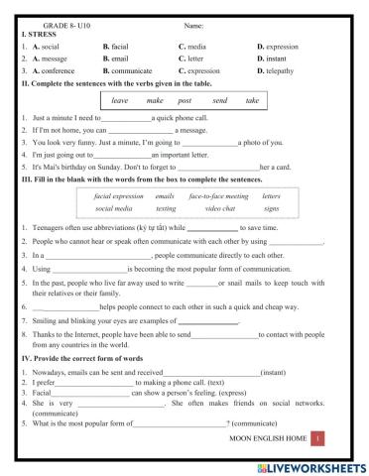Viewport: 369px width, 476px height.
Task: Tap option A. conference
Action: pos(51,71)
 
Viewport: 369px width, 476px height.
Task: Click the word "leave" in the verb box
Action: pos(120,101)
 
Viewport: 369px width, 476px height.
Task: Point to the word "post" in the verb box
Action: pos(184,101)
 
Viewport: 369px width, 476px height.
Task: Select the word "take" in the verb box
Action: pos(252,101)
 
